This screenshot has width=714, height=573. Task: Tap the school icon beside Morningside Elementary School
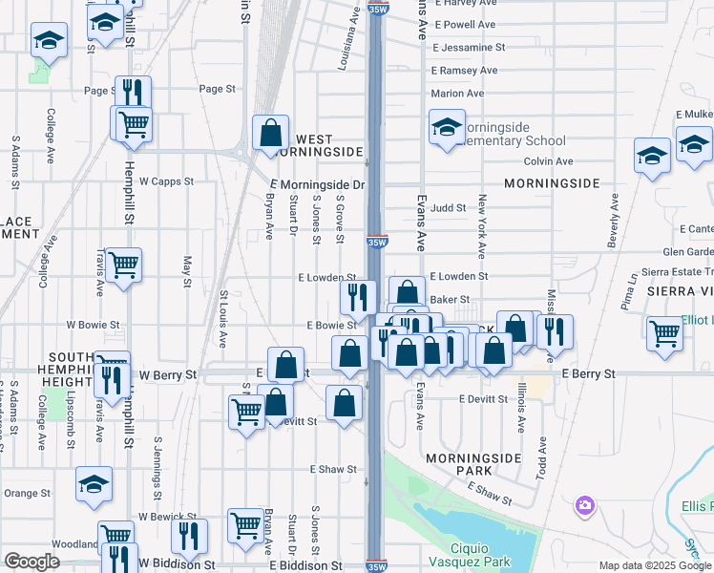tap(446, 127)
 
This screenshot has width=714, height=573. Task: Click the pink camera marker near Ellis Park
tap(584, 504)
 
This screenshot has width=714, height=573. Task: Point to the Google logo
tap(31, 562)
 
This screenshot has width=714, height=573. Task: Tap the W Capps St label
tap(166, 180)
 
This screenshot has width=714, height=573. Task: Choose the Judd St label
tap(448, 207)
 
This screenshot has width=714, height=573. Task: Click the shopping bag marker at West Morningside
tap(271, 133)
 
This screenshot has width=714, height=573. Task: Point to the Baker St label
tap(447, 300)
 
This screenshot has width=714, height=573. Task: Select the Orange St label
tap(27, 494)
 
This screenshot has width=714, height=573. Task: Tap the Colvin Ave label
tap(548, 162)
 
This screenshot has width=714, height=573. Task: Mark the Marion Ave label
tap(458, 94)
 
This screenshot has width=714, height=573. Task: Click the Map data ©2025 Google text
tap(655, 565)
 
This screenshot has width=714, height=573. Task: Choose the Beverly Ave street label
tap(613, 222)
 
